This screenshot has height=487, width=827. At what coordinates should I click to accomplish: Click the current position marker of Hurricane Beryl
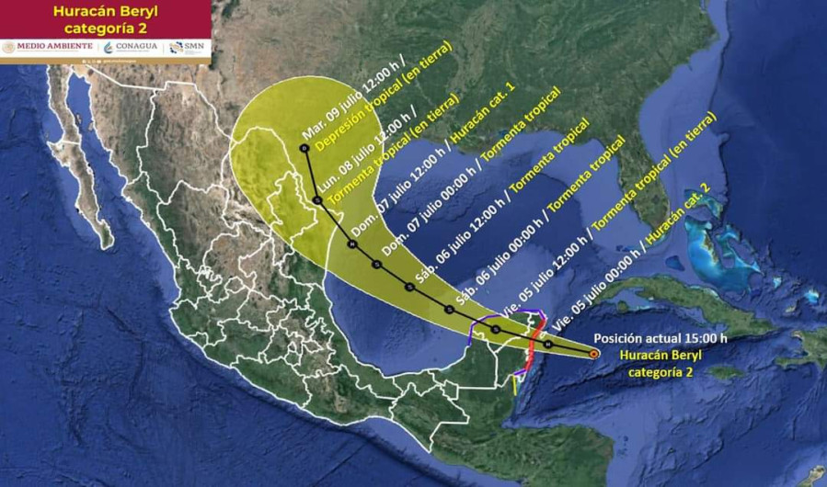tap(593, 353)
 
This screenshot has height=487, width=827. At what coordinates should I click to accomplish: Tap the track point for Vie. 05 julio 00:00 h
tap(548, 344)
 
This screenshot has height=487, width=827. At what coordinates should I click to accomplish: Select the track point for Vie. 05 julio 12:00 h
tap(496, 329)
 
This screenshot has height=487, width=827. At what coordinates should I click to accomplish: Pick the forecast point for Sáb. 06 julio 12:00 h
tap(408, 287)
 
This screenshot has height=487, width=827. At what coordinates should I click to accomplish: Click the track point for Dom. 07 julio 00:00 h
tap(377, 265)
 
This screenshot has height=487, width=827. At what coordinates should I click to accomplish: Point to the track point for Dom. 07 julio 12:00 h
tap(351, 244)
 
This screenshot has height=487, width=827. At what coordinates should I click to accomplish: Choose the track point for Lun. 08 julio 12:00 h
tap(316, 199)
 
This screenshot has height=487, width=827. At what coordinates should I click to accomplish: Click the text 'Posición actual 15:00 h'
tap(660, 337)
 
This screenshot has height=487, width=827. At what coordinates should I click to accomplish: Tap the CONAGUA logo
tap(132, 47)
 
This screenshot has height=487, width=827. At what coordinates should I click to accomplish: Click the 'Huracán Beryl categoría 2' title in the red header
tap(105, 18)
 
